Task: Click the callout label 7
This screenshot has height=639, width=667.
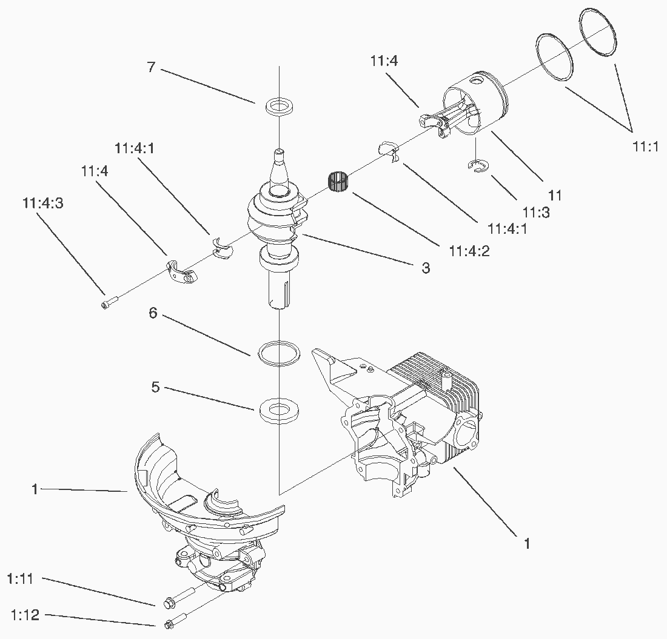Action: click(x=152, y=67)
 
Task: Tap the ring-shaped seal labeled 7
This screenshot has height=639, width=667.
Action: click(x=279, y=106)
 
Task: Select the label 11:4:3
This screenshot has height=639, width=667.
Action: click(x=43, y=203)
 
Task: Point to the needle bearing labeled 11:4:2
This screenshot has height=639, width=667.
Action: click(x=339, y=182)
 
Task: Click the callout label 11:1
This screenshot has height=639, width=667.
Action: click(x=645, y=146)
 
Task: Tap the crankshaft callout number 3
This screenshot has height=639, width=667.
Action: click(x=426, y=267)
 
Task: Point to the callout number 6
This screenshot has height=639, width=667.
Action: click(x=153, y=313)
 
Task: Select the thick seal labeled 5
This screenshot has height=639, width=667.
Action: click(x=278, y=409)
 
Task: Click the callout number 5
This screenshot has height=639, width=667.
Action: click(x=155, y=386)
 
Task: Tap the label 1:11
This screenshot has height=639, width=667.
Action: click(x=21, y=579)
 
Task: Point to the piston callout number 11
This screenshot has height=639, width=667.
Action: click(x=555, y=195)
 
